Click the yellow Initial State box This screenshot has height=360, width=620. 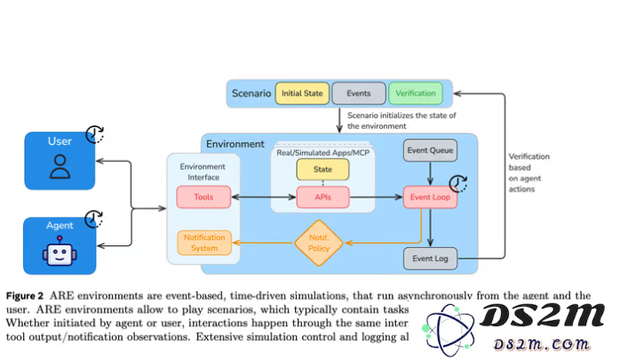click(302, 93)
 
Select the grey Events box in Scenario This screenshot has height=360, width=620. click(359, 93)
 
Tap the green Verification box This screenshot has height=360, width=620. click(415, 93)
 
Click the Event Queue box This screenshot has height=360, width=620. click(431, 151)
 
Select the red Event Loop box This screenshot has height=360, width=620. click(431, 196)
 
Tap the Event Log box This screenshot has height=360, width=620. click(431, 260)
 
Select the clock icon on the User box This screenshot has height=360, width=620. click(95, 135)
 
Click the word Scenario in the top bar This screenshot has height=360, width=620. click(250, 93)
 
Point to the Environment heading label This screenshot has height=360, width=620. click(234, 144)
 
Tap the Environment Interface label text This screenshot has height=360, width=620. click(203, 171)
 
